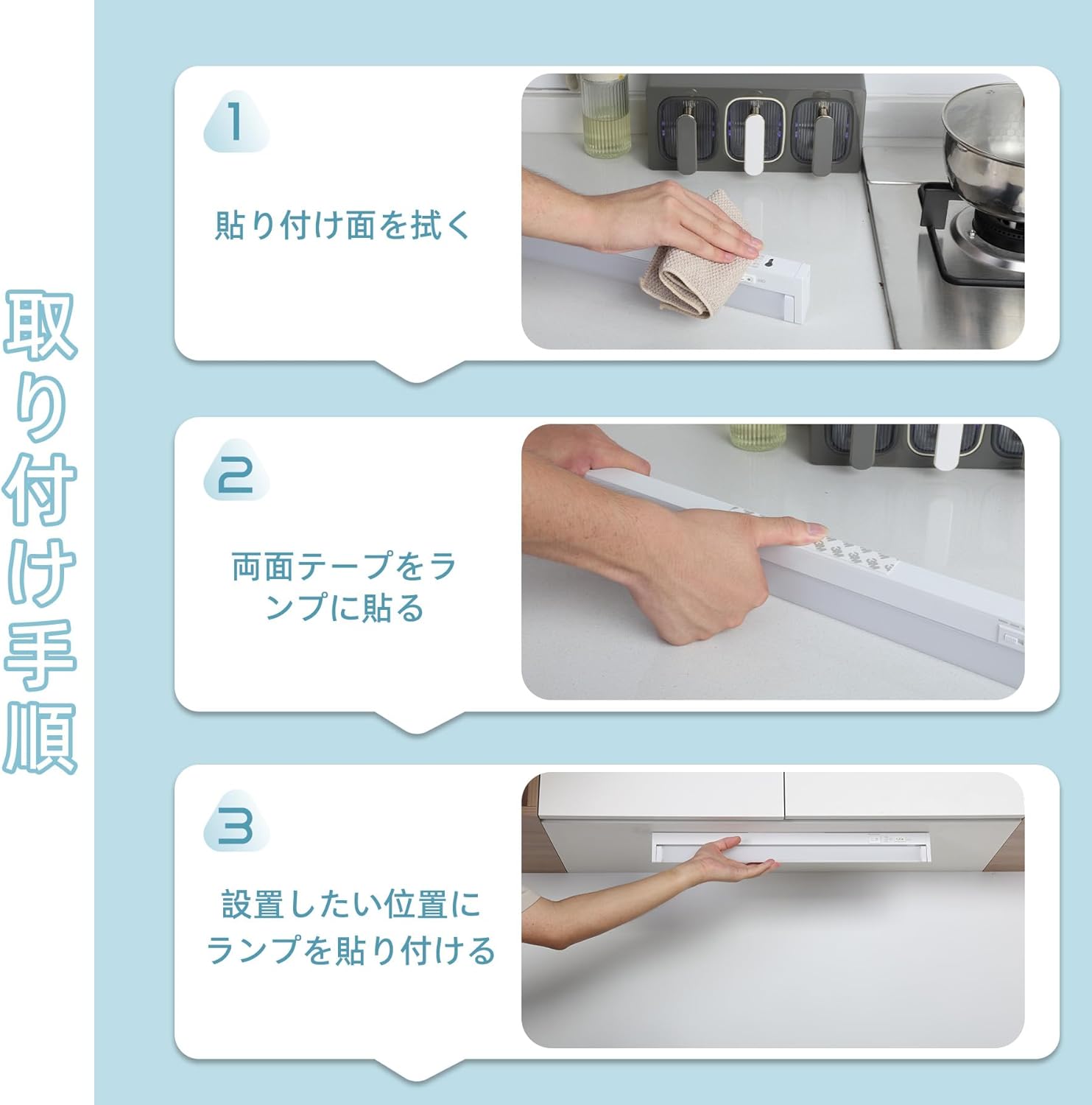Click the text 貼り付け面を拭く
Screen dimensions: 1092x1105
[x=342, y=225]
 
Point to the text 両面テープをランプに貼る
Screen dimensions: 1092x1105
[x=345, y=587]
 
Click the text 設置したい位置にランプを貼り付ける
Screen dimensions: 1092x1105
[x=351, y=927]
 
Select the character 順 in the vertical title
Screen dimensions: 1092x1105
[x=40, y=737]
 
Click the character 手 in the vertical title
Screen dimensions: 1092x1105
[x=40, y=655]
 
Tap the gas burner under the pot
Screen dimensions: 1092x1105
[x=987, y=236]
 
